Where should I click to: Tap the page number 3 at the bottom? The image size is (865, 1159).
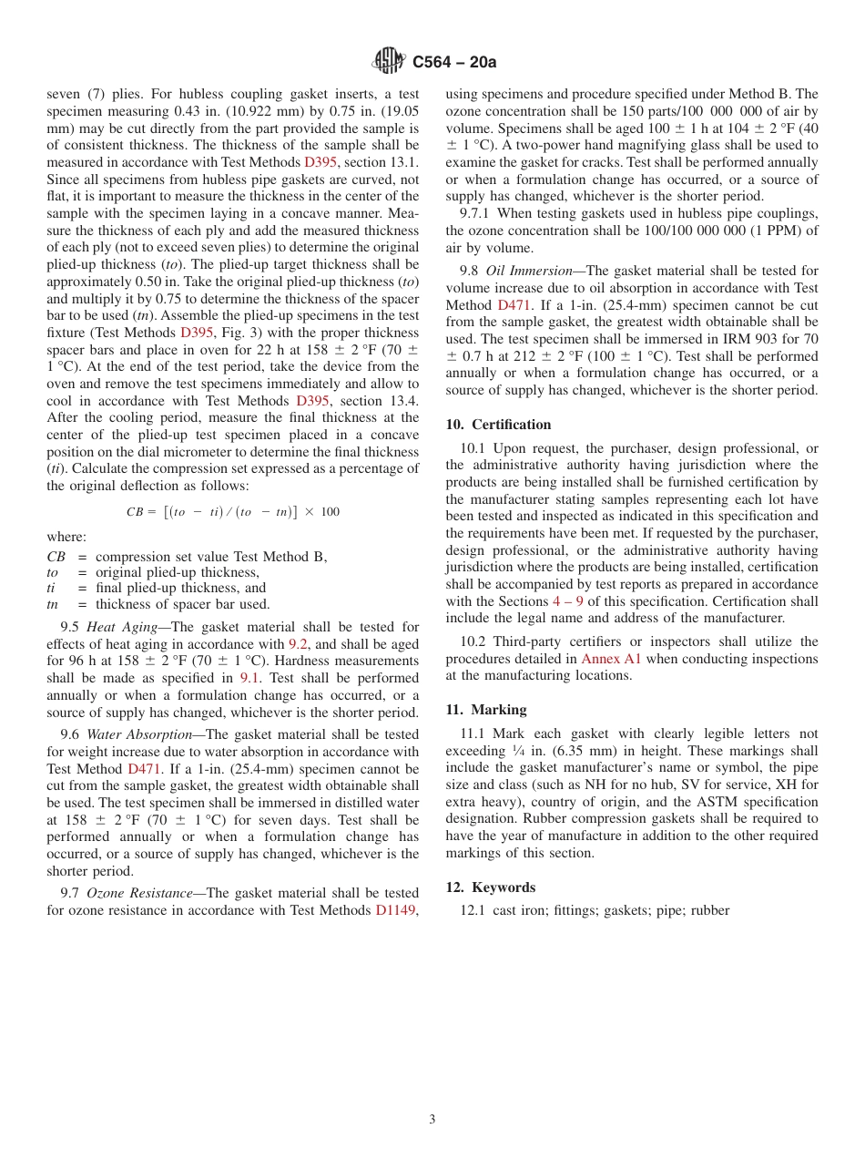point(432,1119)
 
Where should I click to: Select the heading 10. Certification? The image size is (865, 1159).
point(498,425)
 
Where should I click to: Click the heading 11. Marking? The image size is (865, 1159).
point(486,710)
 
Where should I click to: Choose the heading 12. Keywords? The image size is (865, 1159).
point(491,887)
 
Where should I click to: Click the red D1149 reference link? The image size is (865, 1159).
point(397,909)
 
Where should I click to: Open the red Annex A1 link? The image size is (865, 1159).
point(611,659)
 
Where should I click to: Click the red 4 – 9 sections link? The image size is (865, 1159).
point(567,601)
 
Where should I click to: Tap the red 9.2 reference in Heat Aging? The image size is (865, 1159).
point(299,643)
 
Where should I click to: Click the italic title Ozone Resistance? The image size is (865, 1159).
point(137,893)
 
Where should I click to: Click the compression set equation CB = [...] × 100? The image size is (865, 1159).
point(232,512)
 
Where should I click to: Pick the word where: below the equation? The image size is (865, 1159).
point(66,537)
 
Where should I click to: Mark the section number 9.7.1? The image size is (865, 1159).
point(478,214)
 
